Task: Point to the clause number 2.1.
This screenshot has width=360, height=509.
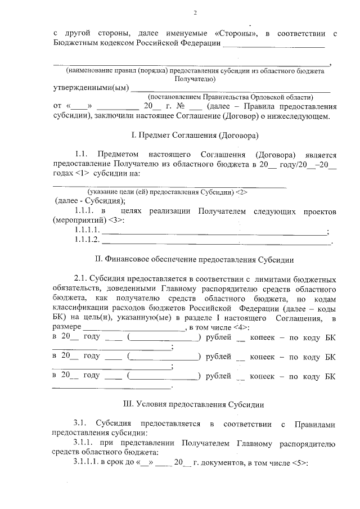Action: pos(82,278)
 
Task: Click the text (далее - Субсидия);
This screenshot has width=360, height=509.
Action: pos(90,201)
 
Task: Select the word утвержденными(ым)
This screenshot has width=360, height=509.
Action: pos(90,88)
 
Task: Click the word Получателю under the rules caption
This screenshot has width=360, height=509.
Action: pos(195,79)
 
